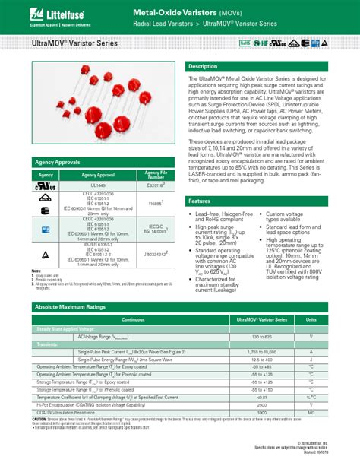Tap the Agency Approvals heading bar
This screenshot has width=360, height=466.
pyautogui.click(x=57, y=163)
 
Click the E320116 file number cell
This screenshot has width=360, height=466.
pyautogui.click(x=155, y=185)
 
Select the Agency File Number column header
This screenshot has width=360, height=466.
pyautogui.click(x=155, y=174)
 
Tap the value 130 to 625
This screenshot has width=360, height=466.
pyautogui.click(x=263, y=335)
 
